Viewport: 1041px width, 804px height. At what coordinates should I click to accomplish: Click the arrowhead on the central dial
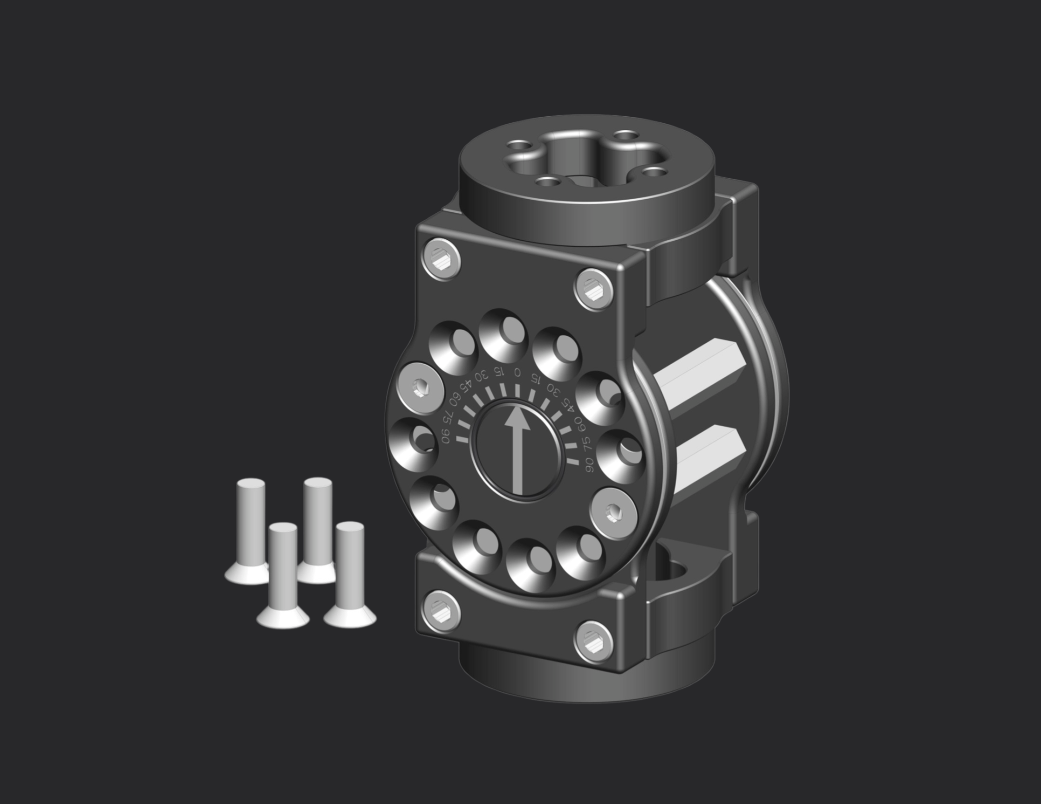tap(517, 420)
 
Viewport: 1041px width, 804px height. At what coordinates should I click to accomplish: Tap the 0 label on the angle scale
tap(517, 372)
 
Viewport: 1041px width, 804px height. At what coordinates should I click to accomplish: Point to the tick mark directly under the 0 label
tap(517, 390)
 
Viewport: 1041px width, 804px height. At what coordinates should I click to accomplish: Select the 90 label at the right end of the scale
tap(590, 464)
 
